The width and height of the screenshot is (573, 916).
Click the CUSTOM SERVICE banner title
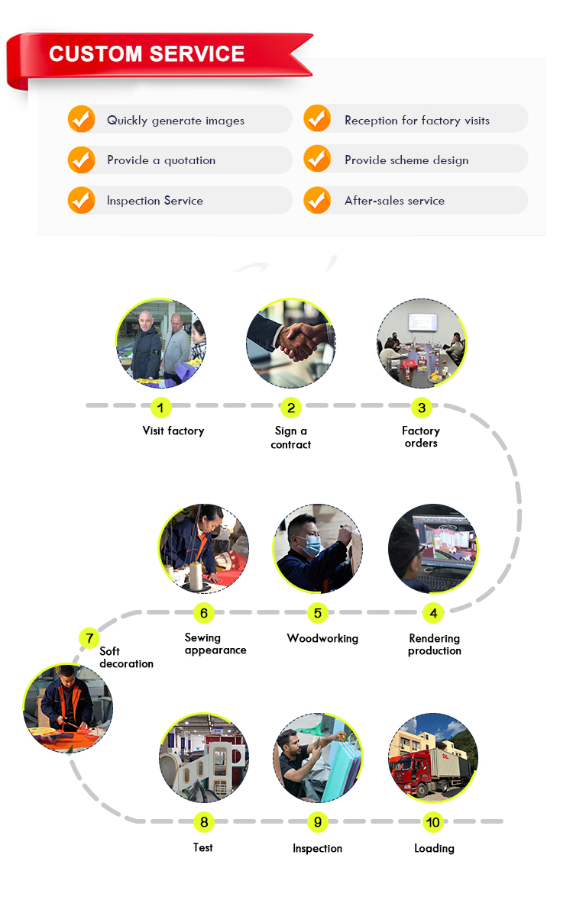click(x=147, y=53)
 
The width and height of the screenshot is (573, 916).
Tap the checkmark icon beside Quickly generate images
click(x=81, y=119)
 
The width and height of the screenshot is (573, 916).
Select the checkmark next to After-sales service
click(x=317, y=200)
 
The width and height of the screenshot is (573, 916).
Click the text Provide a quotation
click(x=161, y=160)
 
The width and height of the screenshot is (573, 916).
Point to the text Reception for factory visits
click(x=416, y=121)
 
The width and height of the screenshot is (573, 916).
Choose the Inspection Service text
click(x=155, y=201)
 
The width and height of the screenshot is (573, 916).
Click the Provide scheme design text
click(x=406, y=160)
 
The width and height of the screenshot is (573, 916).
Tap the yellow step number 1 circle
click(x=160, y=408)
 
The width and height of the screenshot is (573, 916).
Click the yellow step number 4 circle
click(x=433, y=612)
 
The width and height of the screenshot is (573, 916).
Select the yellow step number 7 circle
click(x=89, y=637)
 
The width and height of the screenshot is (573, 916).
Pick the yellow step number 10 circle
click(x=433, y=822)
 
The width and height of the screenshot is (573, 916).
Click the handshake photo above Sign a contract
click(x=290, y=343)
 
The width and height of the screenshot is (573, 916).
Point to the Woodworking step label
click(x=322, y=638)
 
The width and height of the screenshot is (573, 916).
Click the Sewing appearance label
click(x=215, y=644)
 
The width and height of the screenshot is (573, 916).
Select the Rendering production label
click(x=435, y=644)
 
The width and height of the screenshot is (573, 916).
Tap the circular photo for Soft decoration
click(x=67, y=708)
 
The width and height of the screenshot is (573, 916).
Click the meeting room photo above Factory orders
click(x=421, y=343)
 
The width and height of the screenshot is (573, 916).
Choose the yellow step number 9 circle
click(x=317, y=822)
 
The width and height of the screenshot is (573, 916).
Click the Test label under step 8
click(x=203, y=847)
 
